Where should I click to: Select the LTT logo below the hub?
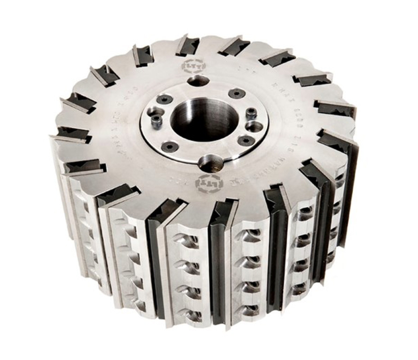pos(209,183)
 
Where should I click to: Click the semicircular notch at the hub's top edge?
pos(198,81)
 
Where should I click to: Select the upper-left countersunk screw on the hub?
pos(165,99)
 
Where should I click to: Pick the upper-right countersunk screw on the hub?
pos(237,93)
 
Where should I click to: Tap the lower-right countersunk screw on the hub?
pos(246,140)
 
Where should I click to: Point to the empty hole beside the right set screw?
pos(254,127)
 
